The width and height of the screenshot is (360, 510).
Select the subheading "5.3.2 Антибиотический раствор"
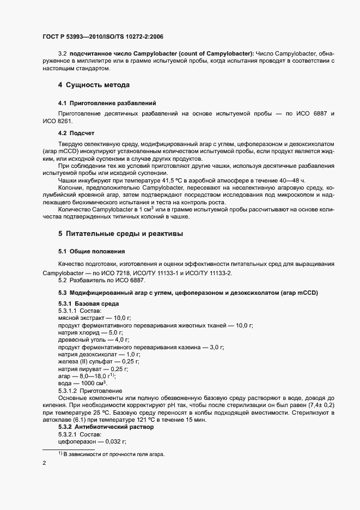[106, 427]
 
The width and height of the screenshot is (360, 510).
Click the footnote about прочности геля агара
[111, 455]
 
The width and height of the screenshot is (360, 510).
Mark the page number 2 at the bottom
[44, 464]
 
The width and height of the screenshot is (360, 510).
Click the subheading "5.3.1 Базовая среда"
[88, 303]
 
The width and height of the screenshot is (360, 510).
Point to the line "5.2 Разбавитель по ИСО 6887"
[101, 281]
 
